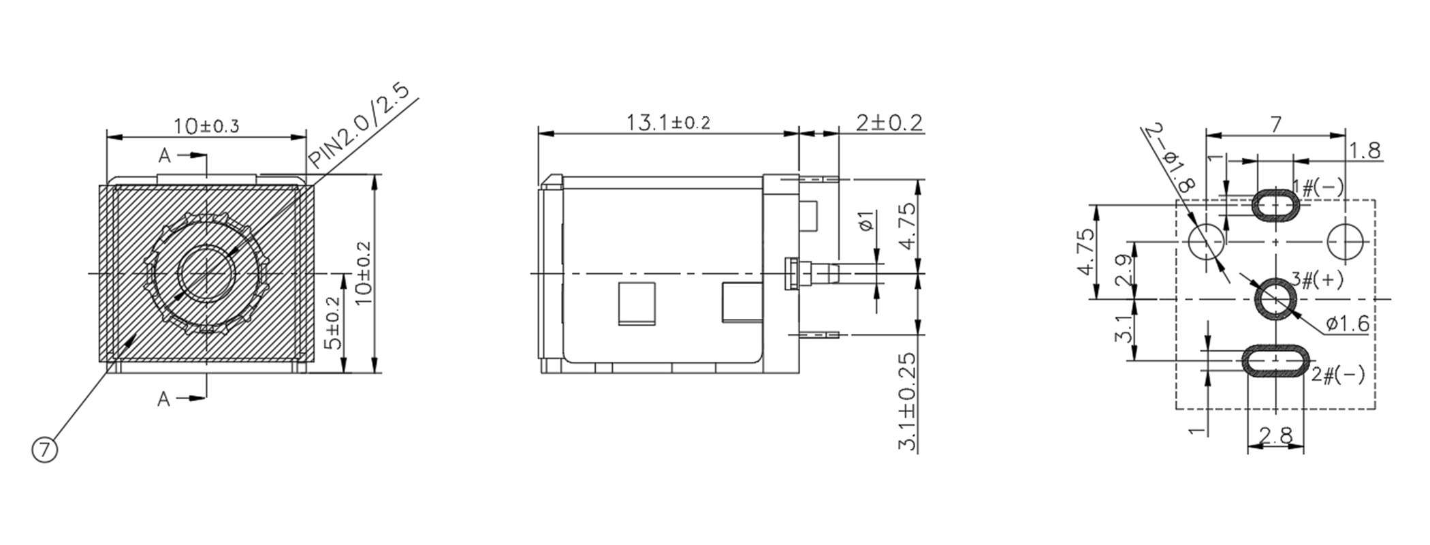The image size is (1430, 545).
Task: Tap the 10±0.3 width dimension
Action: tap(206, 126)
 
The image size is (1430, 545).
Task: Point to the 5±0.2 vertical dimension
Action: tap(332, 323)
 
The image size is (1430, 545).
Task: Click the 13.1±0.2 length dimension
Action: tap(668, 123)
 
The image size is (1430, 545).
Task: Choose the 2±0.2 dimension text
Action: tap(889, 123)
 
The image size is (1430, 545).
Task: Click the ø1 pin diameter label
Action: tap(867, 222)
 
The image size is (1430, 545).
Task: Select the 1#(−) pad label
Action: tap(1318, 187)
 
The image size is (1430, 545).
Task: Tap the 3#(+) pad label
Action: tap(1318, 280)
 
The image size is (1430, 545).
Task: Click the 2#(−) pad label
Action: tap(1338, 374)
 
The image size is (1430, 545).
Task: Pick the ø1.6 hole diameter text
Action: tap(1348, 324)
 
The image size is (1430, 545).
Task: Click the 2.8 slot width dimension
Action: tap(1275, 435)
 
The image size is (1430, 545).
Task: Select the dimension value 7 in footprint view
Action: tap(1275, 124)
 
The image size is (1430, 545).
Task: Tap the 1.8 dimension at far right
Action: tap(1365, 151)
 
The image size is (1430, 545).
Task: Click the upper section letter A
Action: tap(164, 156)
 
